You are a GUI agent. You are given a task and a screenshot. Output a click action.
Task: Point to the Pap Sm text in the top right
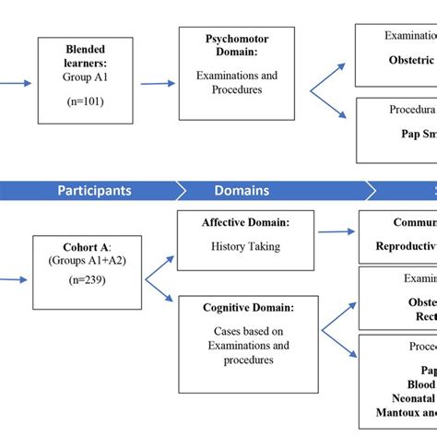click(412, 133)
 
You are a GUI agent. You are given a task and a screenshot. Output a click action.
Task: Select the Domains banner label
click(242, 191)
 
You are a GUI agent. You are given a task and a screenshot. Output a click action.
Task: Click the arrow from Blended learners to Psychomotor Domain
click(157, 83)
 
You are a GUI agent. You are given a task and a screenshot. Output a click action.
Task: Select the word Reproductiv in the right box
click(406, 246)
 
